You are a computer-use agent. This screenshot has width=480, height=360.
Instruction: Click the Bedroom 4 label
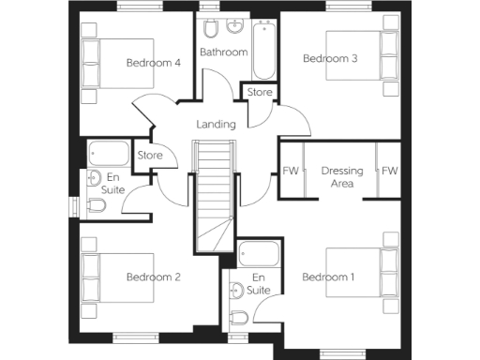pos(153,63)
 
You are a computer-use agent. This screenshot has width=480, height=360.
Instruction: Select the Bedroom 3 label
pos(330,58)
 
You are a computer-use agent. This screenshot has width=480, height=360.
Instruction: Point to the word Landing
pos(215,125)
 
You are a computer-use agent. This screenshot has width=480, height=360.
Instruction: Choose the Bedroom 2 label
pos(153,277)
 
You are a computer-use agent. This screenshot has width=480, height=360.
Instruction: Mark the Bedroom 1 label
pos(328,277)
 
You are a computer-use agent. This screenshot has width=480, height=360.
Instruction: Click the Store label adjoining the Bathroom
pos(261,93)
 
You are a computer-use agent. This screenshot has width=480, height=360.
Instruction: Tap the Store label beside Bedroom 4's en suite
pos(150,155)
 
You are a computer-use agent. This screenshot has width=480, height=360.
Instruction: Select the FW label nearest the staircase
pos(291,172)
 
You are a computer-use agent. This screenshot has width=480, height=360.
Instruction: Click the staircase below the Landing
pos(213,197)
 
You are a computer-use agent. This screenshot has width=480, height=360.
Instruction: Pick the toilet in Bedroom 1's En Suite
pos(238,317)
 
